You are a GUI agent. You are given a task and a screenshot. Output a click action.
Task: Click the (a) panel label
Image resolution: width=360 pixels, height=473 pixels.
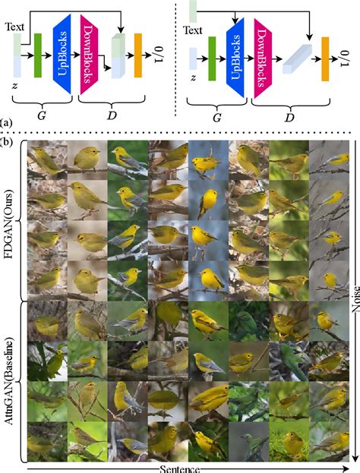pyautogui.click(x=5, y=123)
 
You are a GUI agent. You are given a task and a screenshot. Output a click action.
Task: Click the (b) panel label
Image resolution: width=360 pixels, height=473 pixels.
pyautogui.click(x=6, y=141)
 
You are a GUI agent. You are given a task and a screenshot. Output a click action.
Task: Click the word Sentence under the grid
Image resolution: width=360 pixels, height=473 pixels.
pyautogui.click(x=179, y=469)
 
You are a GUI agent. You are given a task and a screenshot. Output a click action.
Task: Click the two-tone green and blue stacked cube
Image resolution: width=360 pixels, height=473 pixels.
pyautogui.click(x=118, y=56)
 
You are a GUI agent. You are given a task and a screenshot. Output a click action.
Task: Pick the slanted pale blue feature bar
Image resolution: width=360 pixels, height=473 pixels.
pyautogui.click(x=297, y=58)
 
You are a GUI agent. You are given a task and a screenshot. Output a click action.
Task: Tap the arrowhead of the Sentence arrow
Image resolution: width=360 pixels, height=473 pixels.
pyautogui.click(x=346, y=468)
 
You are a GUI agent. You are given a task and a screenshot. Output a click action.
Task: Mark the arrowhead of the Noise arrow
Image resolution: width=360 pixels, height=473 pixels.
pyautogui.click(x=355, y=456)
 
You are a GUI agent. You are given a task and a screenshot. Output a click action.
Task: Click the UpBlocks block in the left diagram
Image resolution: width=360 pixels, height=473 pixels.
pyautogui.click(x=62, y=54)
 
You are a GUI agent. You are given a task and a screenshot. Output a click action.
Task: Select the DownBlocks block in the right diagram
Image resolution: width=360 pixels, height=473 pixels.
pyautogui.click(x=263, y=58)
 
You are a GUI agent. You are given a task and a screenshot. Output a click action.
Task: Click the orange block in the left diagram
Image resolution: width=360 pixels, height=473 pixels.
pyautogui.click(x=138, y=55)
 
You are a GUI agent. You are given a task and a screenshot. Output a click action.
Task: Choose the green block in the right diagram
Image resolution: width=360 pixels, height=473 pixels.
pyautogui.click(x=212, y=58)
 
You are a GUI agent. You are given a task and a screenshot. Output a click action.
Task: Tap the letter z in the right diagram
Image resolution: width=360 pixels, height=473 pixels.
pyautogui.click(x=193, y=78)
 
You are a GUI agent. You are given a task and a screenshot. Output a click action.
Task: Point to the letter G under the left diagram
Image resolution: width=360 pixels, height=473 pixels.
pyautogui.click(x=41, y=115)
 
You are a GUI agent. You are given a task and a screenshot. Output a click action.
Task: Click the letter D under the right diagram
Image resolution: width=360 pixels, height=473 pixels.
pyautogui.click(x=289, y=118)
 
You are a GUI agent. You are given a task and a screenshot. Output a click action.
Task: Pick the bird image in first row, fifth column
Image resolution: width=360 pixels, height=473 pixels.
pyautogui.click(x=209, y=161)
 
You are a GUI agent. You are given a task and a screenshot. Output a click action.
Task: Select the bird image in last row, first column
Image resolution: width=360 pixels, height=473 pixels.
pyautogui.click(x=47, y=441)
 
